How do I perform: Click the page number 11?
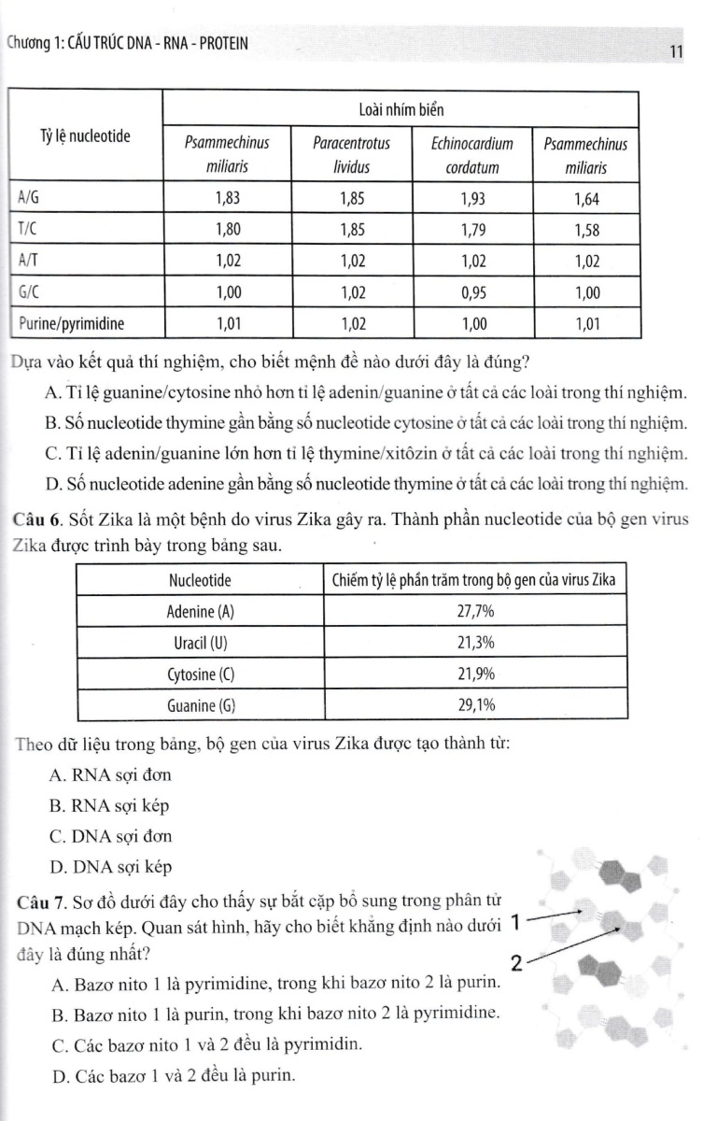[678, 52]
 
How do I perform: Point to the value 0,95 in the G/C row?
[472, 292]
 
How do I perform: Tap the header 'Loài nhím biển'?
[401, 110]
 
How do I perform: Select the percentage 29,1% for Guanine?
[475, 706]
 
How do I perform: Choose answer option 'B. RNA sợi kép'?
[110, 805]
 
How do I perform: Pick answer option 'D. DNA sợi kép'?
[110, 867]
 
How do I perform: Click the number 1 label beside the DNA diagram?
[515, 924]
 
